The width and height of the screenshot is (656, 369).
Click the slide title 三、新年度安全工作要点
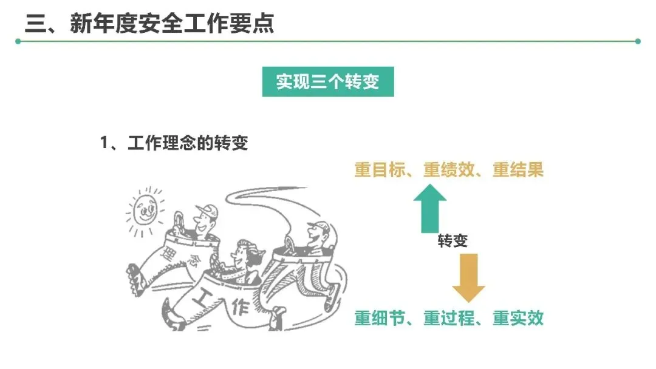[x=149, y=24]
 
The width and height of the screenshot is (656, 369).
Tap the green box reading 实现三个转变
[x=328, y=82]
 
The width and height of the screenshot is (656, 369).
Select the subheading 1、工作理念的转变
[x=174, y=144]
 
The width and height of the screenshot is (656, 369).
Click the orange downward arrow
[x=468, y=277]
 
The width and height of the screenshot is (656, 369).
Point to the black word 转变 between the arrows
[x=453, y=242]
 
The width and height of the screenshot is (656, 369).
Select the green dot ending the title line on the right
[x=637, y=41]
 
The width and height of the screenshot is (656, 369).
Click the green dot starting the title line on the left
[x=18, y=41]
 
